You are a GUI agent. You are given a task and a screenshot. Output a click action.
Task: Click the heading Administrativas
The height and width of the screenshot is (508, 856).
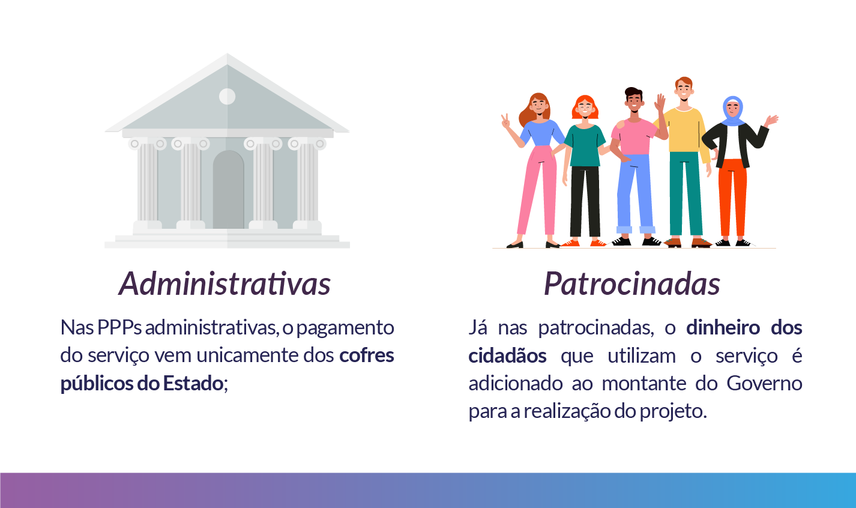[225, 283]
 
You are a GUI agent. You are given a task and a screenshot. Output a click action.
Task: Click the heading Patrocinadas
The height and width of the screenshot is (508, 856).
[631, 283]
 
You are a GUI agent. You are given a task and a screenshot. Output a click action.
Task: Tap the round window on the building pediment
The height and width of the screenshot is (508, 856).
[227, 96]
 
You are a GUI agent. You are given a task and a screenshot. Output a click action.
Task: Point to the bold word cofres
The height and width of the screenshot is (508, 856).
[366, 355]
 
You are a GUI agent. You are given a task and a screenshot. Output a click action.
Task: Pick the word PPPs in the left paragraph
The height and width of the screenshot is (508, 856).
[119, 328]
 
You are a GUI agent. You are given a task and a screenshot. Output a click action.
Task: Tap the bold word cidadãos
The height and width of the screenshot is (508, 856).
[507, 355]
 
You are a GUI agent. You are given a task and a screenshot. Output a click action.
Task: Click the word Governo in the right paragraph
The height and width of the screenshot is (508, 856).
[764, 383]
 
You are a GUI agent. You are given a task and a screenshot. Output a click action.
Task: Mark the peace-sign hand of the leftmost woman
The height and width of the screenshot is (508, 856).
[505, 122]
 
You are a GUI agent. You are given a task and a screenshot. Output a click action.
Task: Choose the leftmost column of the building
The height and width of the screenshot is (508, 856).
[147, 183]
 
